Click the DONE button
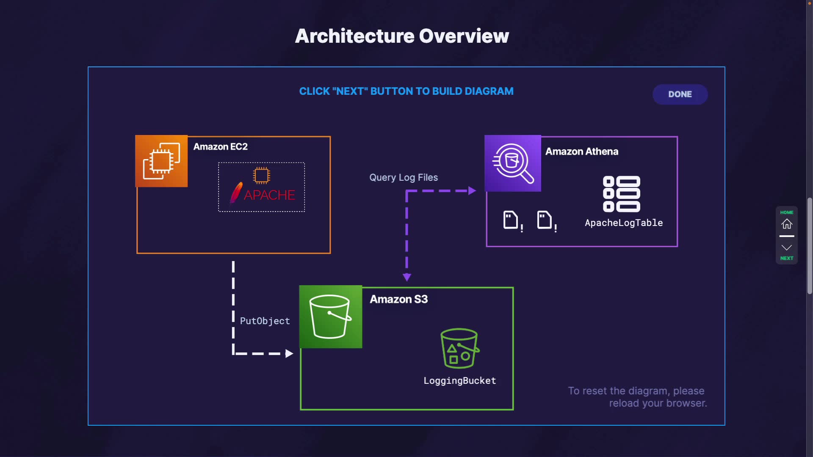pos(680,94)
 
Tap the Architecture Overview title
pos(402,36)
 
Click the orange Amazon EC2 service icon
pos(161,161)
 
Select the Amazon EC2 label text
pos(220,147)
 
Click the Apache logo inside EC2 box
pos(263,194)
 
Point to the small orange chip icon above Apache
pos(261,175)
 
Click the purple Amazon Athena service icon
pos(513,163)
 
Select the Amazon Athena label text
pos(581,151)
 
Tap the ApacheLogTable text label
pos(623,223)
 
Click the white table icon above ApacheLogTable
pos(621,194)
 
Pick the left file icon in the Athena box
pos(511,220)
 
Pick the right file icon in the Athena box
pos(545,220)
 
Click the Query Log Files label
pos(403,178)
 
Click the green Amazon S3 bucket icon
pos(331,317)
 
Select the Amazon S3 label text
pos(398,299)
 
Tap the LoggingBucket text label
pos(459,381)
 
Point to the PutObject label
pos(265,321)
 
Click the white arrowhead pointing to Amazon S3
pos(289,354)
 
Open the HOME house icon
pos(787,223)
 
